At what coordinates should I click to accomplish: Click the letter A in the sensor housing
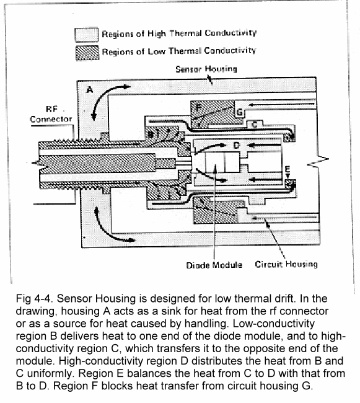90,90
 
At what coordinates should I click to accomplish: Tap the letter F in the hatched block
198,107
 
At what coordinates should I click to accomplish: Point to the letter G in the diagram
239,112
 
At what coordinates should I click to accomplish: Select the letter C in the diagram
255,125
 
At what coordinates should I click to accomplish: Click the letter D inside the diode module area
237,146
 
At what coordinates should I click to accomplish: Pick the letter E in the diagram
288,169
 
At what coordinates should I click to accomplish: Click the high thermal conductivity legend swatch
87,35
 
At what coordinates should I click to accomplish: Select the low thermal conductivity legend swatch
87,53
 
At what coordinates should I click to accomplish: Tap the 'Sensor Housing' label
206,69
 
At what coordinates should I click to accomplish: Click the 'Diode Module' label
214,265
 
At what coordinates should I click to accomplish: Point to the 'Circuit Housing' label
286,264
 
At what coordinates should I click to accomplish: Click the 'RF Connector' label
51,114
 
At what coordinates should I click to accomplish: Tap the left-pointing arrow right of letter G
282,104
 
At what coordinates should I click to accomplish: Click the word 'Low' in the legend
156,51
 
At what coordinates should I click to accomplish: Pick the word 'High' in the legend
157,34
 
